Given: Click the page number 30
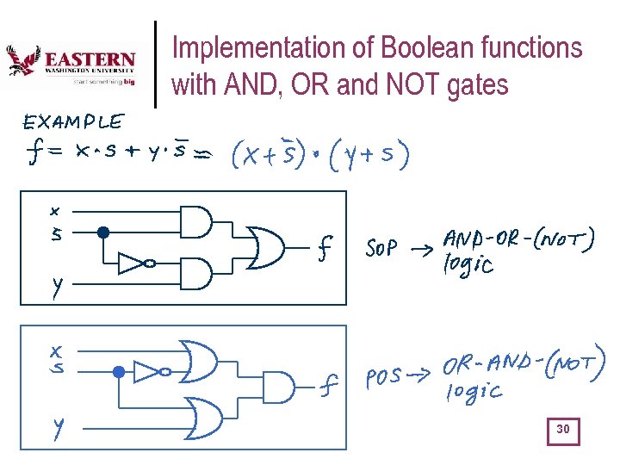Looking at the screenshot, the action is (x=563, y=429).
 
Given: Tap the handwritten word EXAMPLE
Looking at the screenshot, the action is (x=73, y=122).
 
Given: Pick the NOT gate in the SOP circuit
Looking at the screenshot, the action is (x=134, y=263).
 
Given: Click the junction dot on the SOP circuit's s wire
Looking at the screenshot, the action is (x=102, y=232).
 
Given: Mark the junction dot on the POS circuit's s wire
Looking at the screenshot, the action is (x=120, y=372).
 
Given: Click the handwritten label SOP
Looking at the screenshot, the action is (x=381, y=250).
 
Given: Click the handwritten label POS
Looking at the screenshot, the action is (x=383, y=380).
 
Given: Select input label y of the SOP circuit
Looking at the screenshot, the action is (x=56, y=287).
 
